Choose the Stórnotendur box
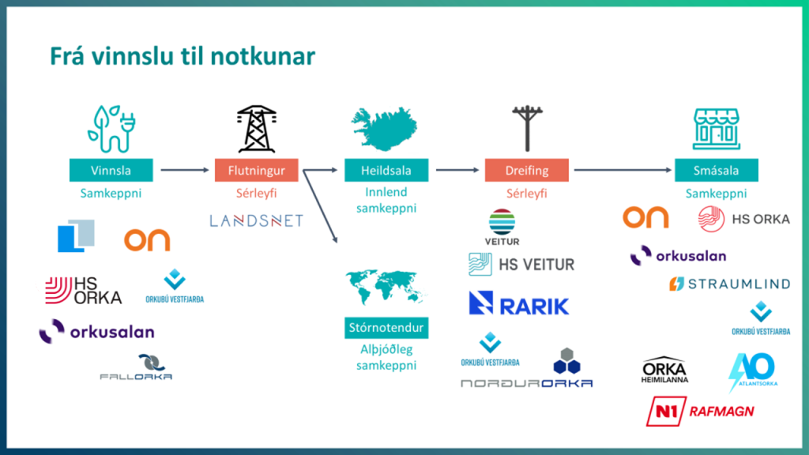point(386,328)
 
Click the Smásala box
point(717,170)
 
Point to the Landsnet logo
point(256,220)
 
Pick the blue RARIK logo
point(518,303)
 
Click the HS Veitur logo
point(521,265)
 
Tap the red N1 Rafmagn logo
point(700,411)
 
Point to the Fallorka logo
point(136,369)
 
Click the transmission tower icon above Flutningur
point(256,129)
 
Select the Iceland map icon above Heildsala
point(386,130)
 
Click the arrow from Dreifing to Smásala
point(623,170)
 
